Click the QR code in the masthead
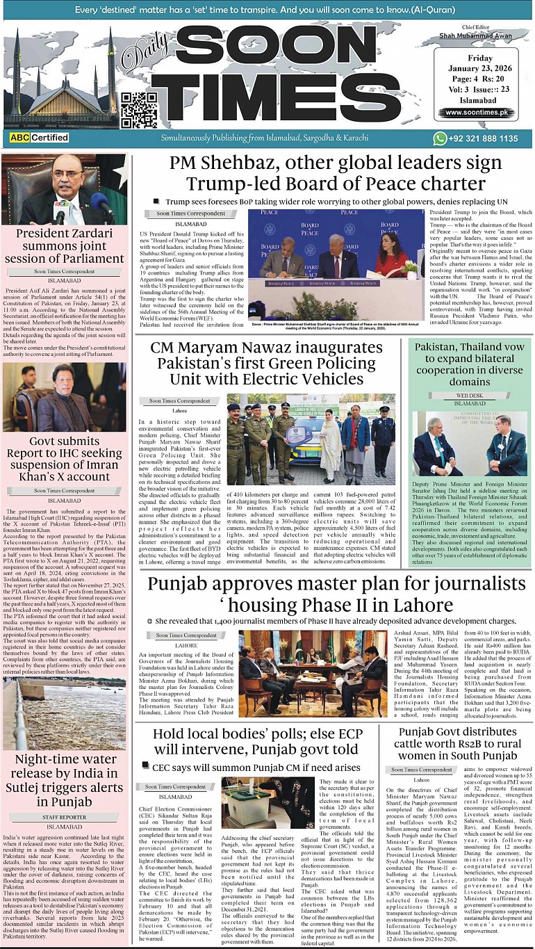coord(138,110)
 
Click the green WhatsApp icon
coord(440,139)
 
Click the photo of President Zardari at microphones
coord(65,189)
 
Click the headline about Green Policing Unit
coord(265,363)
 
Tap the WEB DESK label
coord(470,395)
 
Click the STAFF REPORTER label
coord(64,817)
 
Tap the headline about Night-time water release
coord(65,781)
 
